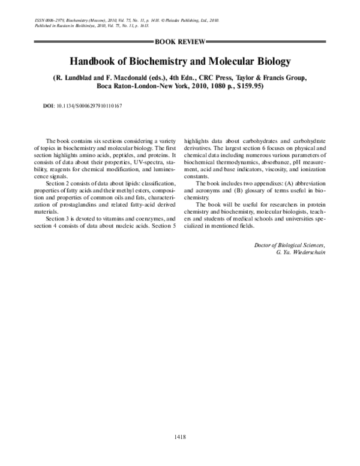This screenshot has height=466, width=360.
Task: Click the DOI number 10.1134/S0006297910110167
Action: [x=89, y=105]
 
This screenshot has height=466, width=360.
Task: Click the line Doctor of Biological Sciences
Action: [x=290, y=246]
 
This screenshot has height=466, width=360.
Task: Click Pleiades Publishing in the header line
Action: [x=180, y=20]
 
